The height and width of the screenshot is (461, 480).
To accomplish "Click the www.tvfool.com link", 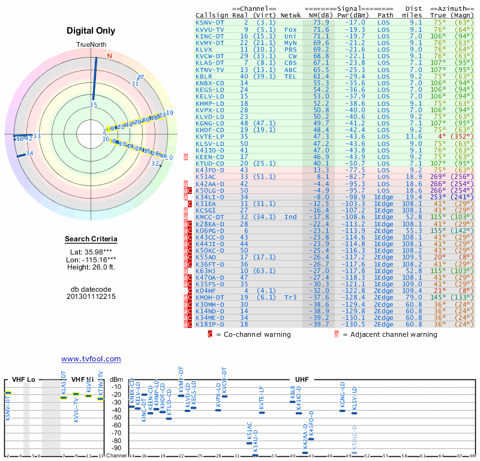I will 91,359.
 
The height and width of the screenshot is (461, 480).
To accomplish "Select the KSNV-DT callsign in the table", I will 209,22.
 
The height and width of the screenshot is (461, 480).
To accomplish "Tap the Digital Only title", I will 91,31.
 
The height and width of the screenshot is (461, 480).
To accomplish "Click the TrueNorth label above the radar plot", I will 91,46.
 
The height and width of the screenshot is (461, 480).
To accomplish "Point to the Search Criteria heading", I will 91,240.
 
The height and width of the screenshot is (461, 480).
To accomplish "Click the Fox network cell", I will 291,29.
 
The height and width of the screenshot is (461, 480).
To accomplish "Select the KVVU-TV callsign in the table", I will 209,29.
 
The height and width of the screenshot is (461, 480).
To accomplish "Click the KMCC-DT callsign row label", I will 209,217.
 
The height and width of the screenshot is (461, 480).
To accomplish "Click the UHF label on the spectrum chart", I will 303,380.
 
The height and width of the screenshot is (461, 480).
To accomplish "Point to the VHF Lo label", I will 23,380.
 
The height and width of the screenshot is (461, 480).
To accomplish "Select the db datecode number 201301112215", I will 91,297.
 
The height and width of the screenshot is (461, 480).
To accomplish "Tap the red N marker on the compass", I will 109,56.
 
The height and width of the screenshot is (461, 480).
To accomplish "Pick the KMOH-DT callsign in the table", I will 209,297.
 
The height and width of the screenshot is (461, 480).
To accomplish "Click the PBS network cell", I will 291,49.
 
